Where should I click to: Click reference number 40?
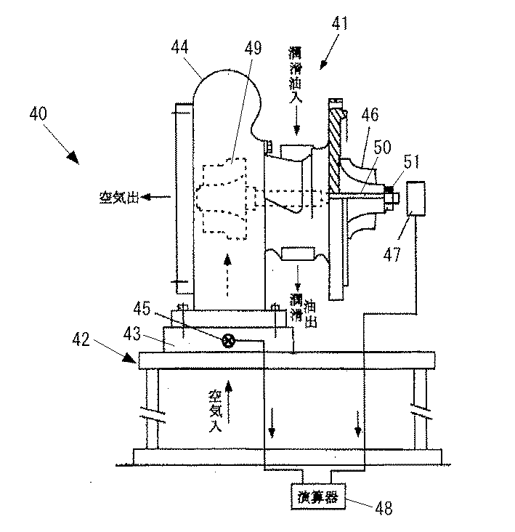38,113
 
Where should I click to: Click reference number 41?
339,23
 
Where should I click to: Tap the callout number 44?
179,47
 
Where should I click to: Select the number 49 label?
253,48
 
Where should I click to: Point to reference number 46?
370,114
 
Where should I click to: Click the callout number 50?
382,147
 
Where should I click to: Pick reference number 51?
412,161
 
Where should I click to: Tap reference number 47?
392,254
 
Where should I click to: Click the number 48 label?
384,508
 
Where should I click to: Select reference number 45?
142,308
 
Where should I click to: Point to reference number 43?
132,334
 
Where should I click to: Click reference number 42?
81,339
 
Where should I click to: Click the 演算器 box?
318,496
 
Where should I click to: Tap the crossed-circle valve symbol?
229,340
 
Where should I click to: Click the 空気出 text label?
119,197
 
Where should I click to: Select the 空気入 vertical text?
215,411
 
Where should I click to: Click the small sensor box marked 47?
416,198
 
